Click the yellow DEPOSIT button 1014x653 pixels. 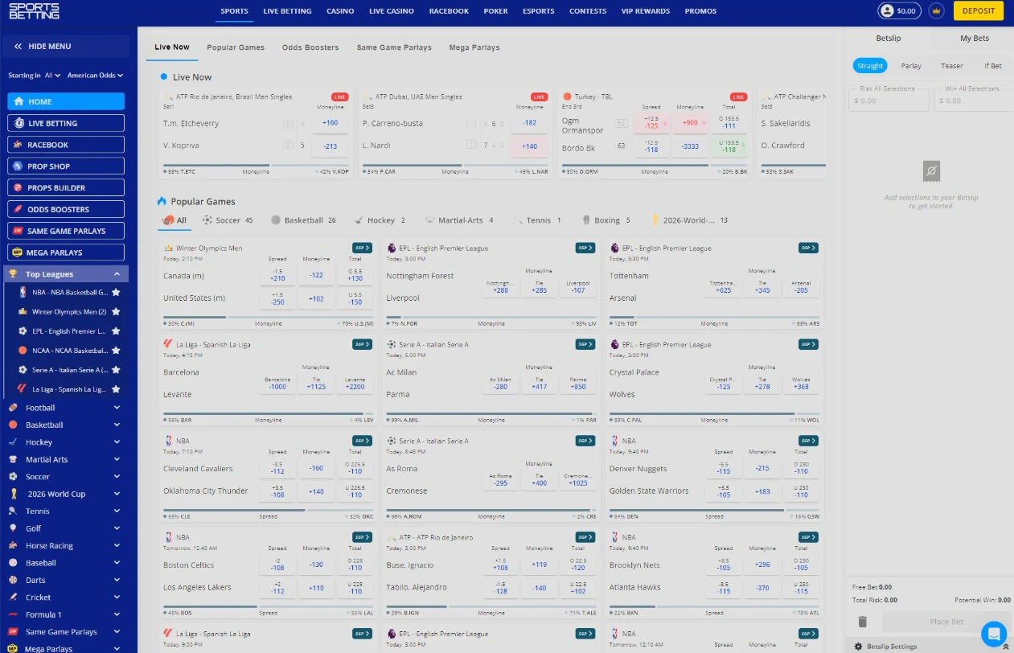pyautogui.click(x=978, y=11)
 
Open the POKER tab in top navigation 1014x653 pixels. pyautogui.click(x=495, y=11)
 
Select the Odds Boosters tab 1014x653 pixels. pyautogui.click(x=310, y=47)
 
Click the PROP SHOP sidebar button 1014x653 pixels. pyautogui.click(x=66, y=166)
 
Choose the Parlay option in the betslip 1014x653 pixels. pyautogui.click(x=911, y=66)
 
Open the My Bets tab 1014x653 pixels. pyautogui.click(x=975, y=39)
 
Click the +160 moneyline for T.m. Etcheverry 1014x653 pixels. pyautogui.click(x=330, y=123)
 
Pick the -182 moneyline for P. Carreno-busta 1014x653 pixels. pyautogui.click(x=529, y=123)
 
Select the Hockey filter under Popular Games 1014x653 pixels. pyautogui.click(x=381, y=220)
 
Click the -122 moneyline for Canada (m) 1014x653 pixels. pyautogui.click(x=316, y=276)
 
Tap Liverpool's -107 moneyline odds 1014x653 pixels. pyautogui.click(x=577, y=287)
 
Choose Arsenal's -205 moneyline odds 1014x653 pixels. pyautogui.click(x=801, y=287)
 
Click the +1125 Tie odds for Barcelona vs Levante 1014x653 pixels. pyautogui.click(x=316, y=384)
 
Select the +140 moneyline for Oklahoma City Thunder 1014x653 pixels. pyautogui.click(x=316, y=491)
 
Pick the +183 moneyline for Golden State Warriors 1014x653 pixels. pyautogui.click(x=762, y=491)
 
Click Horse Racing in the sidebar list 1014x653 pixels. pyautogui.click(x=49, y=546)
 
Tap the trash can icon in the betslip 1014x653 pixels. pyautogui.click(x=863, y=622)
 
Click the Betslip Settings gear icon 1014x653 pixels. pyautogui.click(x=858, y=647)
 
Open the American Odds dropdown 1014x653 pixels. pyautogui.click(x=95, y=76)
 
